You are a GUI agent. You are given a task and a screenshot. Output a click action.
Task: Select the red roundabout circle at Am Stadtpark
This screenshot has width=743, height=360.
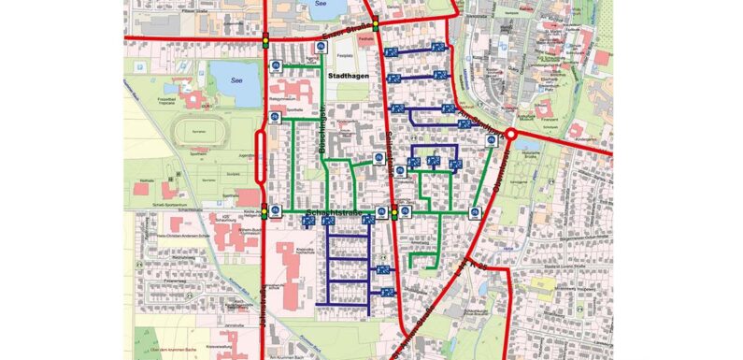pyautogui.click(x=511, y=134)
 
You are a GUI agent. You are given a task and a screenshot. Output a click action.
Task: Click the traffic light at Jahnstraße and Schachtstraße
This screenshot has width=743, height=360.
pyautogui.click(x=265, y=212)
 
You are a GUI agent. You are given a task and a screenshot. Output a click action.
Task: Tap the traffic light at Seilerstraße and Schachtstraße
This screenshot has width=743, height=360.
pyautogui.click(x=394, y=214)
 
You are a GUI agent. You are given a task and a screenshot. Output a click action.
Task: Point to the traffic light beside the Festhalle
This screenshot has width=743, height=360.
pyautogui.click(x=375, y=26)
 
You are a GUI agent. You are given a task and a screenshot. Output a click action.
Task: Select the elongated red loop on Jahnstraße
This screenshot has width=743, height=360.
pyautogui.click(x=261, y=169)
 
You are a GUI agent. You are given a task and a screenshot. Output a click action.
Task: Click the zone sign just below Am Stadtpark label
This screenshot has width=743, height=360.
pyautogui.click(x=491, y=141)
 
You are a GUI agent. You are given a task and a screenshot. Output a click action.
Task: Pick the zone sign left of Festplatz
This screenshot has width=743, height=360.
pyautogui.click(x=329, y=49)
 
